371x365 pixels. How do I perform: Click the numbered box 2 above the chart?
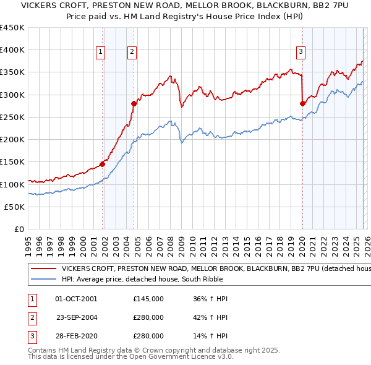(132, 53)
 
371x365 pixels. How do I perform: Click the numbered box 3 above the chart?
(301, 53)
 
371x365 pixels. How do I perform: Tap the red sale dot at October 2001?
(102, 164)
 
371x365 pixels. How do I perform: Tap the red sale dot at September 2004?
(134, 103)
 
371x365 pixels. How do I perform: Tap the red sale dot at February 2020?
(302, 103)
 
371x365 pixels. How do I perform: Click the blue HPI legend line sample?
(43, 279)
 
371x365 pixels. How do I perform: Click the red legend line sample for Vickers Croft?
(43, 269)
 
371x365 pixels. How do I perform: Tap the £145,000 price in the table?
(148, 299)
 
